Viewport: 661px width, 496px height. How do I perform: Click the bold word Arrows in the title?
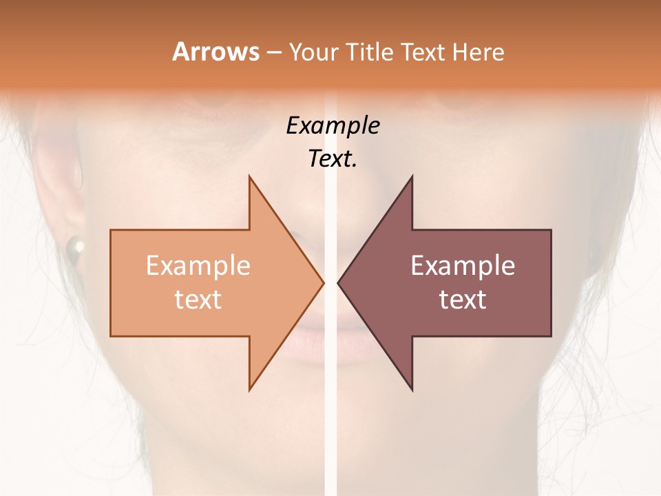[216, 52]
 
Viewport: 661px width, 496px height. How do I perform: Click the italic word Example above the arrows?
[333, 125]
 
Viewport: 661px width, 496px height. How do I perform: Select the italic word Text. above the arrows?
[333, 159]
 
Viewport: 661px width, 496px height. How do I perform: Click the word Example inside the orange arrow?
[198, 265]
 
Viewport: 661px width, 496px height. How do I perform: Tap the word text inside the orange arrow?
[198, 299]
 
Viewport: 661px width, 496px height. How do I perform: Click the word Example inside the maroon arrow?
[463, 265]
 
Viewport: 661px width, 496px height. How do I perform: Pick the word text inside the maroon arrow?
[463, 299]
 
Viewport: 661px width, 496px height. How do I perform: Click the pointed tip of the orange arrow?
[322, 282]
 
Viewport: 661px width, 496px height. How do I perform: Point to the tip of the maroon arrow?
[339, 282]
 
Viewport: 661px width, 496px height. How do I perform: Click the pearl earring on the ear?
[75, 245]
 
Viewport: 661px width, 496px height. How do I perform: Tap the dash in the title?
[273, 52]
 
